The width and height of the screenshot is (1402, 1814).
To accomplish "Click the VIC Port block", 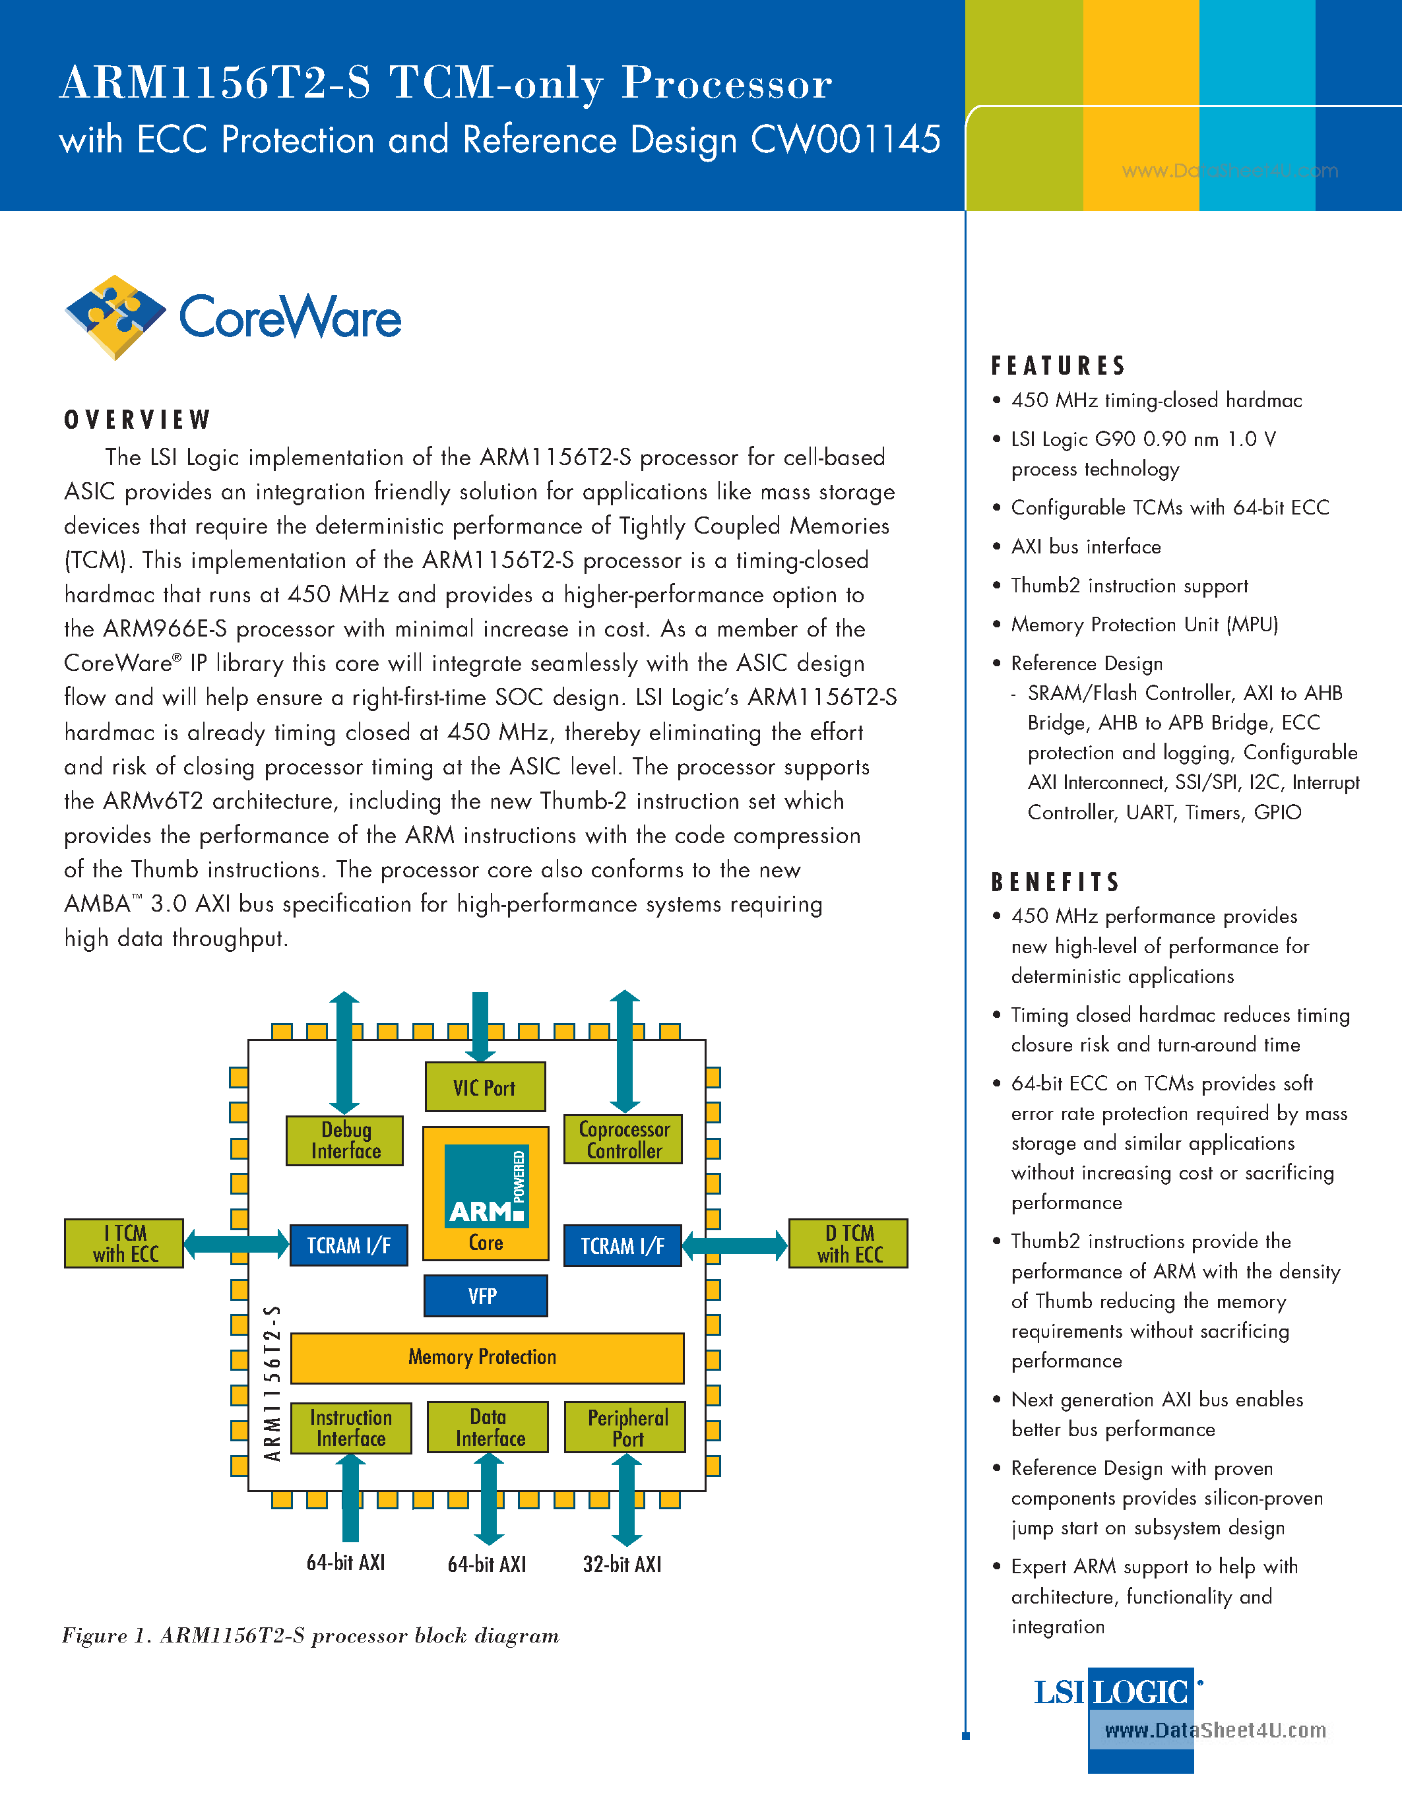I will click(x=485, y=1087).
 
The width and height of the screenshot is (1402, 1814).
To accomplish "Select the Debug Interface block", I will click(x=344, y=1141).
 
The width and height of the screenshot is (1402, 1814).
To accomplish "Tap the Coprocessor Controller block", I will click(x=623, y=1140).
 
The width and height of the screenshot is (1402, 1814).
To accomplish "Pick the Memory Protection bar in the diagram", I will click(x=487, y=1357).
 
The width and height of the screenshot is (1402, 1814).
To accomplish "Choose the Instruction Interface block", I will click(x=350, y=1427).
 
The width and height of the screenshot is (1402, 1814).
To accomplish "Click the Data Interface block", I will click(x=488, y=1427).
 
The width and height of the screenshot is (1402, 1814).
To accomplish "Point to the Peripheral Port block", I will click(x=625, y=1427).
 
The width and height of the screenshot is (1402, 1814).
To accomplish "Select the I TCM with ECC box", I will click(x=124, y=1243).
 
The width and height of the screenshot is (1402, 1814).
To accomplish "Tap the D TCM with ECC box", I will click(x=848, y=1243).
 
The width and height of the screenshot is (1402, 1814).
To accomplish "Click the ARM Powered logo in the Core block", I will click(x=486, y=1186).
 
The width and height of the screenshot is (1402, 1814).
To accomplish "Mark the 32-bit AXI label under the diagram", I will click(x=622, y=1565).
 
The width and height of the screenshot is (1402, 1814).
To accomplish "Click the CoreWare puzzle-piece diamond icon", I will click(x=115, y=317).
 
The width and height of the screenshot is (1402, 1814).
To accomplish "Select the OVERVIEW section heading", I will click(x=138, y=420).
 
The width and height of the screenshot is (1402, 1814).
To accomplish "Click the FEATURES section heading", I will click(x=1058, y=365).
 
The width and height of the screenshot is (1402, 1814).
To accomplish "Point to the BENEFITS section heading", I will click(x=1056, y=882).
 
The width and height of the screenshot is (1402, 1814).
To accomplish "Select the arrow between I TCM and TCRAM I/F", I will click(x=236, y=1243).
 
